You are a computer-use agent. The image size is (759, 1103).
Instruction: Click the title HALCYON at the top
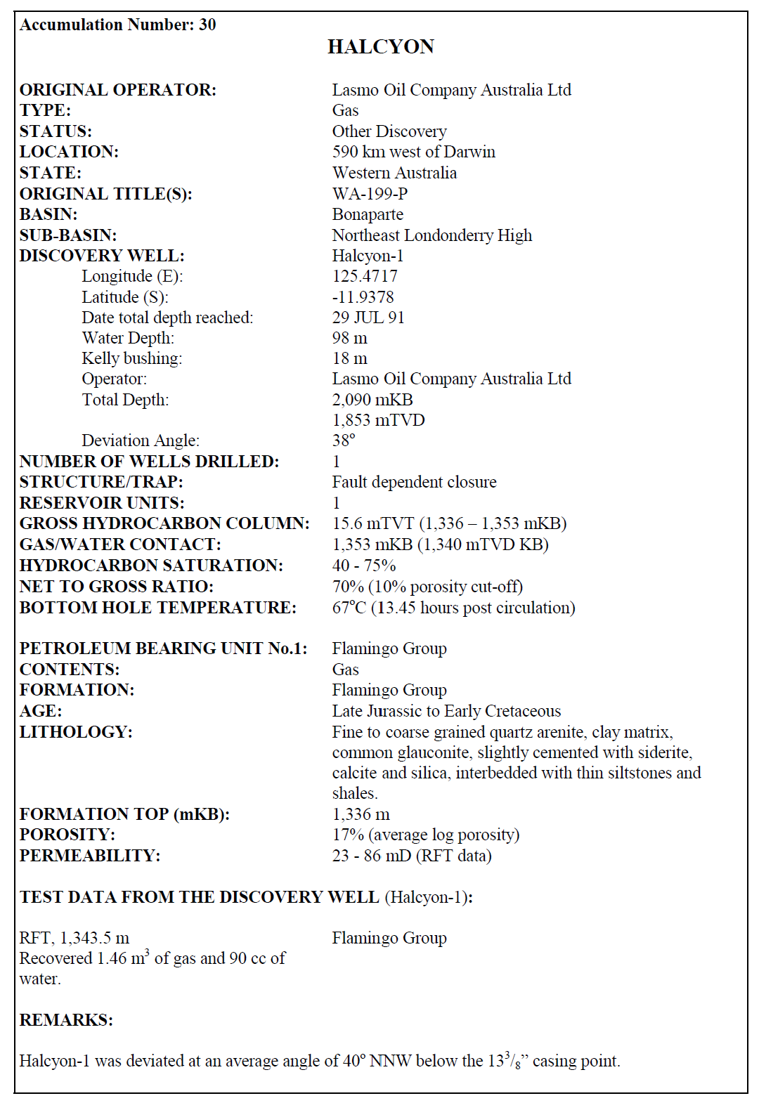pyautogui.click(x=380, y=47)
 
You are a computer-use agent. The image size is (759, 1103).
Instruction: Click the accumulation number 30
pyautogui.click(x=207, y=25)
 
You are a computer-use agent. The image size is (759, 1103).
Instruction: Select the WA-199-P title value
pyautogui.click(x=370, y=193)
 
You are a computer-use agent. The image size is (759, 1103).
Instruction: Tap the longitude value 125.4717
pyautogui.click(x=365, y=276)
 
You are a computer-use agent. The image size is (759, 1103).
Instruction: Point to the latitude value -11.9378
pyautogui.click(x=363, y=297)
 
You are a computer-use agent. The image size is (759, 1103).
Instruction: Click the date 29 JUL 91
pyautogui.click(x=368, y=318)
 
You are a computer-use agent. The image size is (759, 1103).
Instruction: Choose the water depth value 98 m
pyautogui.click(x=349, y=338)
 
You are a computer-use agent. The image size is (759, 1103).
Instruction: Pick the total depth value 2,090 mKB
pyautogui.click(x=372, y=400)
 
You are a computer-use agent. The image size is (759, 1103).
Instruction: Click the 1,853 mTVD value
pyautogui.click(x=378, y=420)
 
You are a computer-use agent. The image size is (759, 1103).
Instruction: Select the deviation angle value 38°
pyautogui.click(x=344, y=440)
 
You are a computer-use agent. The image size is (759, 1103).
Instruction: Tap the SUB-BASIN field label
pyautogui.click(x=68, y=235)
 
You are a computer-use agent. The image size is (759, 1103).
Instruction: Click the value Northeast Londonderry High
pyautogui.click(x=432, y=235)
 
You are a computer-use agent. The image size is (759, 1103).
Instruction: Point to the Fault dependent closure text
pyautogui.click(x=414, y=482)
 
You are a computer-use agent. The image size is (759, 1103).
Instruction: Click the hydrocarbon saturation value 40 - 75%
pyautogui.click(x=364, y=566)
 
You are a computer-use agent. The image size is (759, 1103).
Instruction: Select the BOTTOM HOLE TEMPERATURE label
pyautogui.click(x=157, y=608)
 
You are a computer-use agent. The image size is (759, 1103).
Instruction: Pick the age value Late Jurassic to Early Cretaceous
pyautogui.click(x=446, y=711)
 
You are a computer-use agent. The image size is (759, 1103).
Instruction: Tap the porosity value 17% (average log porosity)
pyautogui.click(x=425, y=835)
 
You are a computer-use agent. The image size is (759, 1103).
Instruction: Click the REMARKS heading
pyautogui.click(x=66, y=1020)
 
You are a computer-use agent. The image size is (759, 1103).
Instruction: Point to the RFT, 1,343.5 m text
pyautogui.click(x=74, y=938)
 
